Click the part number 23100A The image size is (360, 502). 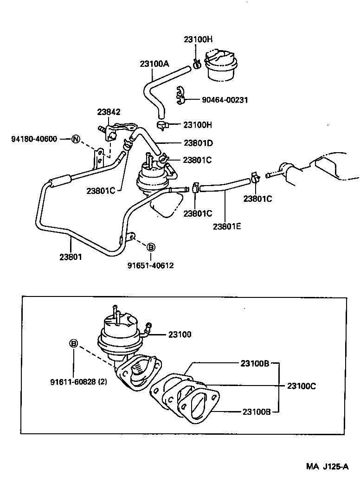click(x=154, y=64)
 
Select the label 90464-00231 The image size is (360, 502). click(x=225, y=100)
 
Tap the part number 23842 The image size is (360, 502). click(x=109, y=112)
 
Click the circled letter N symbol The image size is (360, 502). click(x=76, y=139)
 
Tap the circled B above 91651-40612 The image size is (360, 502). click(x=150, y=247)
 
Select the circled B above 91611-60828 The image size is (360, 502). click(x=73, y=343)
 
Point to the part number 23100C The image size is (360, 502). click(x=302, y=386)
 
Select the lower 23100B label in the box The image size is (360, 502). click(x=255, y=411)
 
